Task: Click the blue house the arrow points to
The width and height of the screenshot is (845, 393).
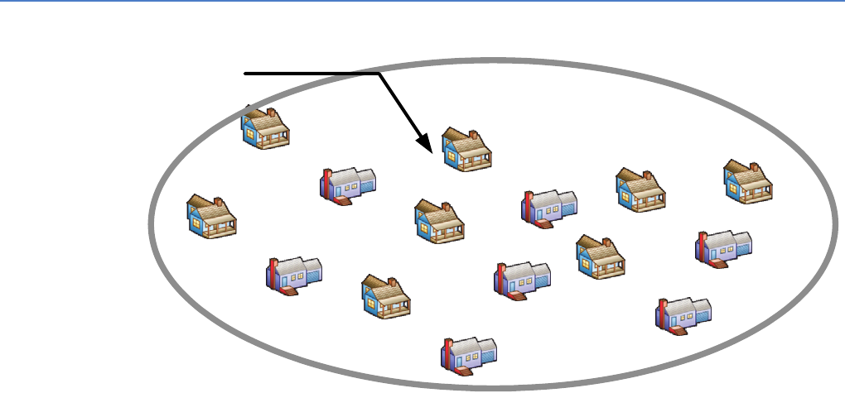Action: pos(466,150)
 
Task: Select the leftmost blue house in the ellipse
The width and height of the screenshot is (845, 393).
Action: pos(211,217)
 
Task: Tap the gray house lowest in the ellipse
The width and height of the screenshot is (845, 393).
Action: pos(469,352)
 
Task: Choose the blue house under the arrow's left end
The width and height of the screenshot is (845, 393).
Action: pos(265,128)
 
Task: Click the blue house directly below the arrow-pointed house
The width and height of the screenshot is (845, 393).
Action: pos(438,222)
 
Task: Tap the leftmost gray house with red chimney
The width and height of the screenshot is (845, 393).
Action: pos(294,275)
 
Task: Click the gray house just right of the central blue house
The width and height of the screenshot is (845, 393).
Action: pos(549,207)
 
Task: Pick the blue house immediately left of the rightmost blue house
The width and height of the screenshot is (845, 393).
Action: pos(640,189)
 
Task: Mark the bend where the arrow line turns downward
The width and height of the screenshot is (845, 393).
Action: pos(379,74)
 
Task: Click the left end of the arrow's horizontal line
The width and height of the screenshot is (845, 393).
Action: pos(245,74)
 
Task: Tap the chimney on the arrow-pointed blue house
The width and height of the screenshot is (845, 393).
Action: pos(473,135)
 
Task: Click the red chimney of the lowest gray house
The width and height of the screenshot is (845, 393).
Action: pos(448,352)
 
